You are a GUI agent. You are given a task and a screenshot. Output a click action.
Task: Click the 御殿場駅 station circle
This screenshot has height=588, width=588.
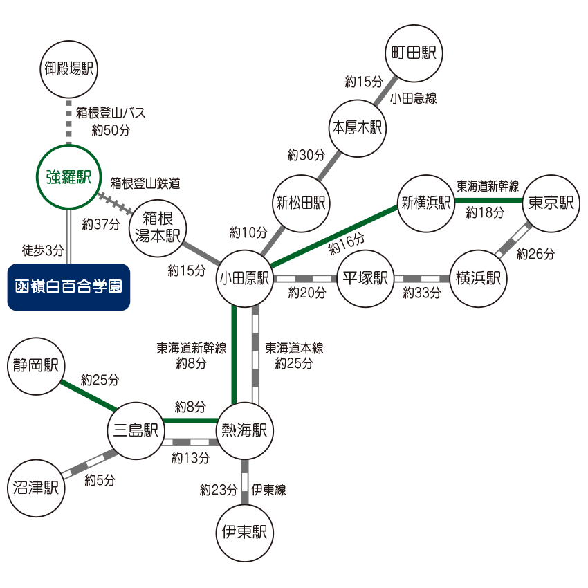(x=68, y=68)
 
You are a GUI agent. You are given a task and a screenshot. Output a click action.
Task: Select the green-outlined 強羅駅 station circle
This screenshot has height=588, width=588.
(x=68, y=176)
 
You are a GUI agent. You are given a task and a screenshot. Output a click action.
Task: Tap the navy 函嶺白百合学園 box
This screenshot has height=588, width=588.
(x=68, y=286)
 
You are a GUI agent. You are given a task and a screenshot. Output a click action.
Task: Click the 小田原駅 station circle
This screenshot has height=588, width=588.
(x=244, y=278)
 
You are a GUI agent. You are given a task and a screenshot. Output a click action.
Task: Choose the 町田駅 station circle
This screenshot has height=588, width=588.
(x=413, y=54)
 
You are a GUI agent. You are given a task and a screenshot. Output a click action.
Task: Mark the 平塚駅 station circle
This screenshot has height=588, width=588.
(x=365, y=278)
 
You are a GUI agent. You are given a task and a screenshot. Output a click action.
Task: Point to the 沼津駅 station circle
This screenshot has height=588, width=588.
(x=35, y=488)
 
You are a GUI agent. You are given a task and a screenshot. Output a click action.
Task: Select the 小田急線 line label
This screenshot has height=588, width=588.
(x=413, y=98)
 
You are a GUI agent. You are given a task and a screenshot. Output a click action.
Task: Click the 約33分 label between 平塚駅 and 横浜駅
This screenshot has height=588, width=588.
(x=422, y=293)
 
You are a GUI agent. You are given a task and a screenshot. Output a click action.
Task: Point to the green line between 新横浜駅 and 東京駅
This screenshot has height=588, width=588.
(x=488, y=200)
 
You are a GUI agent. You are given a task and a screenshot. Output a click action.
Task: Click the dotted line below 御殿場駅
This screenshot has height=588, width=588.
(x=68, y=121)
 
